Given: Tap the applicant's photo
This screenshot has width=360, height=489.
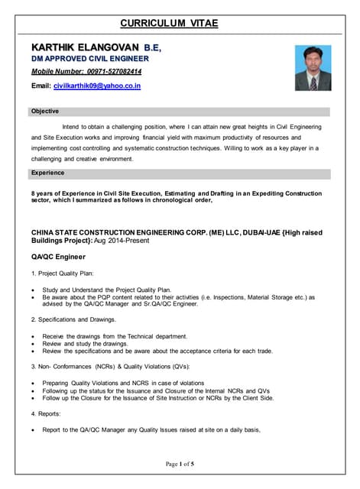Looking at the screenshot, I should [x=313, y=68].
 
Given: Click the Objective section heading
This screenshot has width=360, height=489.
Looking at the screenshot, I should [x=44, y=112].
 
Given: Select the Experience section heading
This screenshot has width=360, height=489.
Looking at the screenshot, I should [x=47, y=173].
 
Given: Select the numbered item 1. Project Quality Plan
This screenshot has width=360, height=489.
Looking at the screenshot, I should [x=68, y=274].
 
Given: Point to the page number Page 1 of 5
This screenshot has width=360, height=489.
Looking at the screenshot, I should [x=180, y=463].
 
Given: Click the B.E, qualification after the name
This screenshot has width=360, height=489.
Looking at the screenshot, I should [x=148, y=47].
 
